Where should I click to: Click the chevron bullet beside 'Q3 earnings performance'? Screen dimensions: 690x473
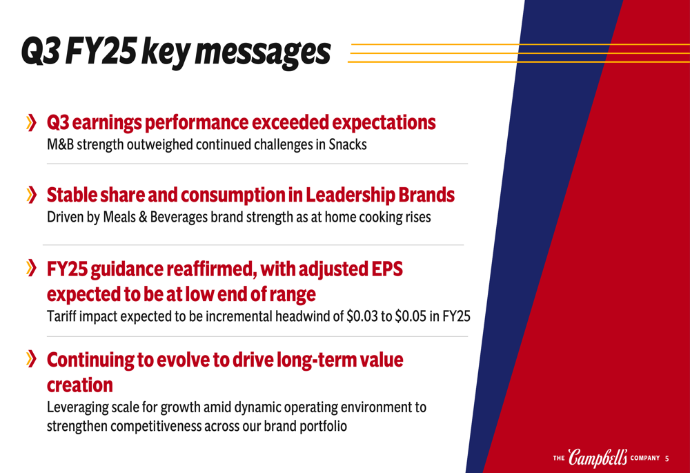[31, 122]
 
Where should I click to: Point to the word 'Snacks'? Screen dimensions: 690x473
[348, 144]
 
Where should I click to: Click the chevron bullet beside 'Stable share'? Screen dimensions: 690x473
[31, 195]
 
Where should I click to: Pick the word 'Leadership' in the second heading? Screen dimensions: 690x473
[351, 195]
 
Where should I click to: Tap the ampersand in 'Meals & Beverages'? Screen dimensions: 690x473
[143, 217]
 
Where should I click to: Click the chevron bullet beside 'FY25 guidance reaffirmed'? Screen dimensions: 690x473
[31, 268]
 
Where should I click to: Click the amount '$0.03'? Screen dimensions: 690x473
[362, 316]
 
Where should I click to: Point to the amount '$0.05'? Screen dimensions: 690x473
[411, 316]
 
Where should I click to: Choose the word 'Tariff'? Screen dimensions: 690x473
[59, 316]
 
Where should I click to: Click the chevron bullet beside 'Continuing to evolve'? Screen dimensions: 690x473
[31, 358]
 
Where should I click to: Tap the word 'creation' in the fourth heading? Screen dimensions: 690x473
[80, 385]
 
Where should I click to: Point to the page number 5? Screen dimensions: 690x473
[667, 458]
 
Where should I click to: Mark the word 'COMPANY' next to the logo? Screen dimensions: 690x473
[645, 458]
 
